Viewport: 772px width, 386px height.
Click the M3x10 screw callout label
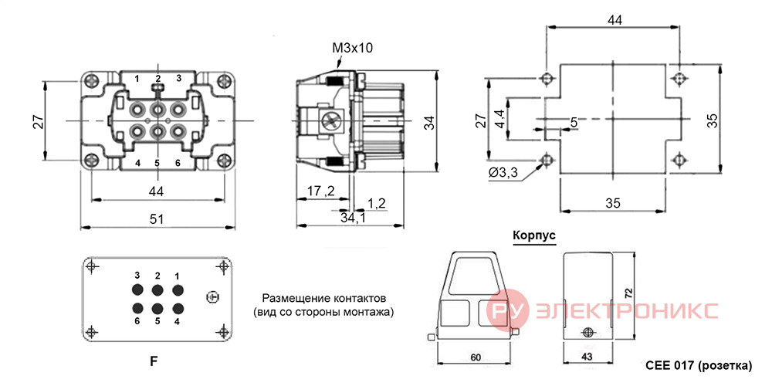pyautogui.click(x=353, y=48)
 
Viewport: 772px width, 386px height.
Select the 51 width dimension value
pyautogui.click(x=157, y=219)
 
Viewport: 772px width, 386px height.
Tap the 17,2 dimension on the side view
pyautogui.click(x=320, y=191)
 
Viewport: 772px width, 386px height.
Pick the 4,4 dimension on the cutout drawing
pyautogui.click(x=500, y=119)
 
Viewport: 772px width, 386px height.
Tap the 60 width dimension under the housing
pyautogui.click(x=475, y=357)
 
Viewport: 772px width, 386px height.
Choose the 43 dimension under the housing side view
pyautogui.click(x=587, y=357)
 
